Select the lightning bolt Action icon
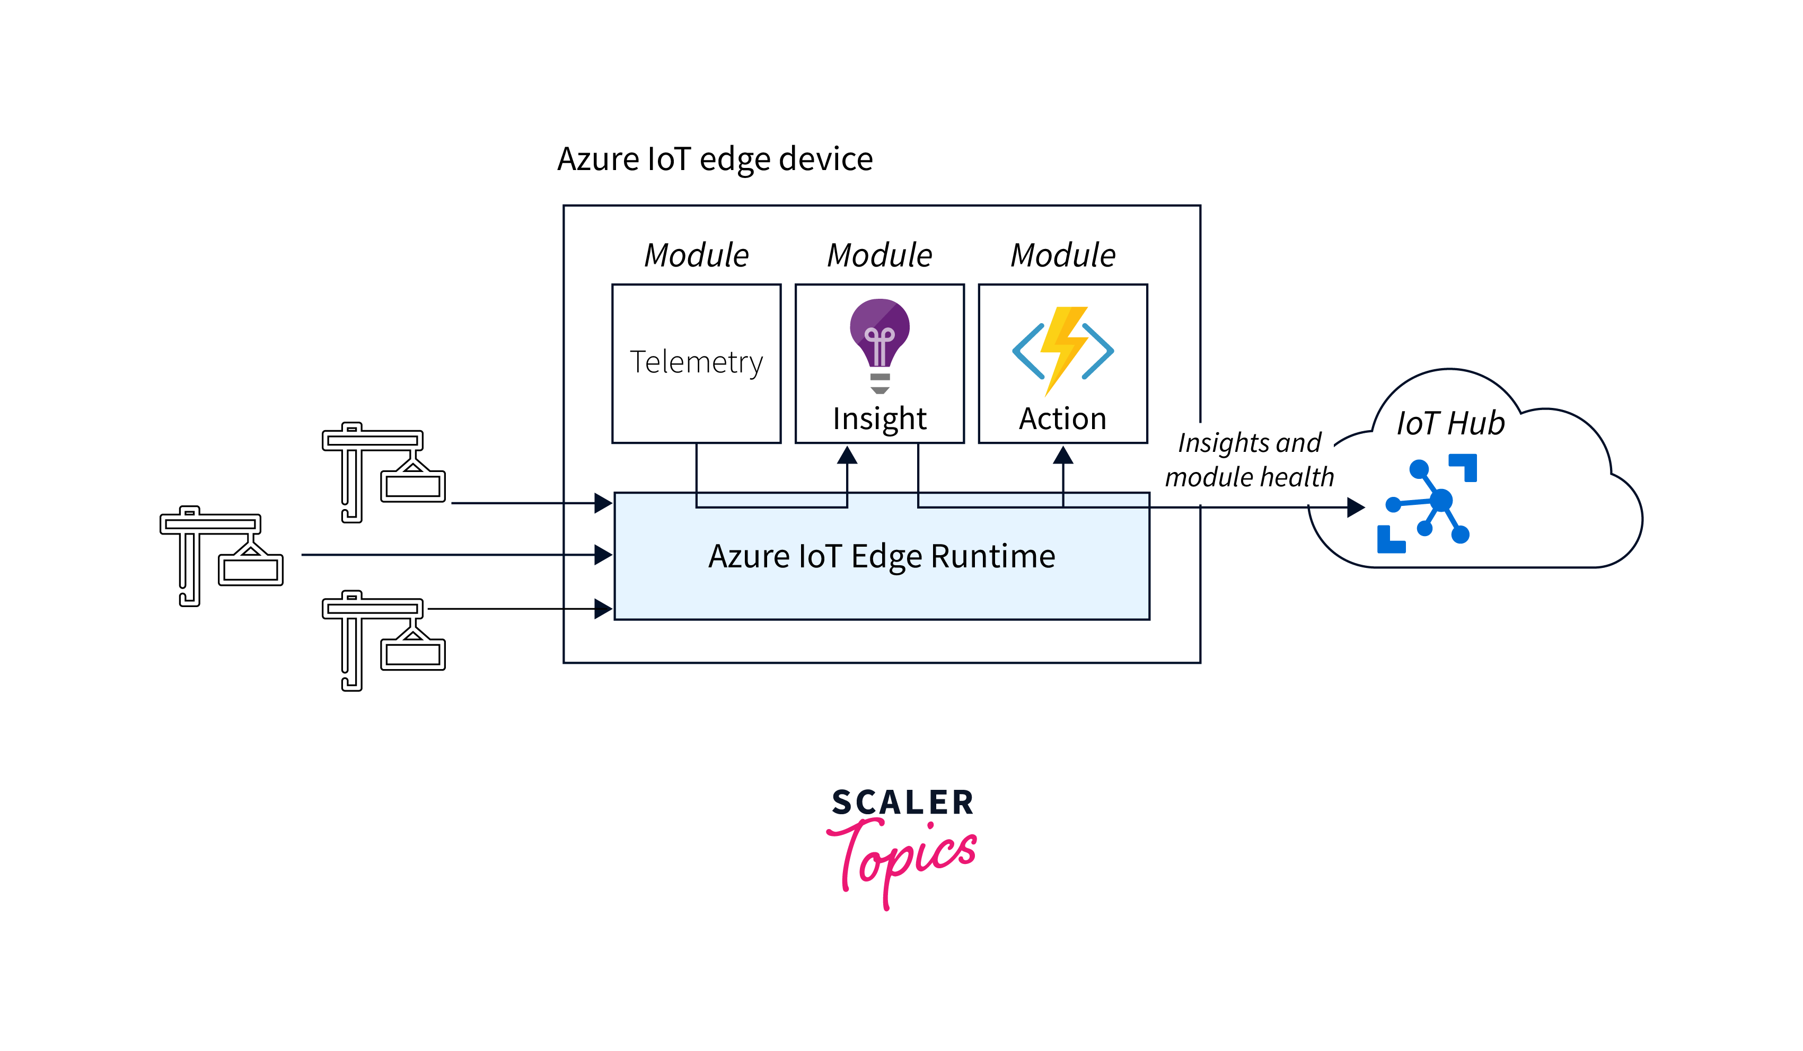point(1062,350)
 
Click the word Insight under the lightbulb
point(879,418)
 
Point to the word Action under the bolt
point(1062,418)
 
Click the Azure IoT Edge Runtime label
point(882,556)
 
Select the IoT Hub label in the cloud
point(1450,423)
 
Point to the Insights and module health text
point(1249,460)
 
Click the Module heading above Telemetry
point(696,255)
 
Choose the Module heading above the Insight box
point(879,255)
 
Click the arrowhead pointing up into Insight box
point(847,456)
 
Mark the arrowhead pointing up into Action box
point(1063,456)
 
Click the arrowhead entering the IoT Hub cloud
point(1355,507)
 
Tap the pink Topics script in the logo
point(903,858)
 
